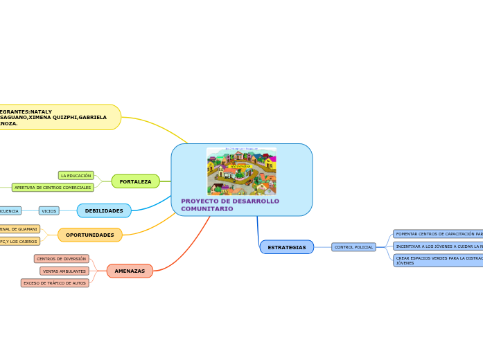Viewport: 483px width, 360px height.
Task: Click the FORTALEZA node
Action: pos(135,181)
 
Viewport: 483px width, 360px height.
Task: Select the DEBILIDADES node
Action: pos(104,210)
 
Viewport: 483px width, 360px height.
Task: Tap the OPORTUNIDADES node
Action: pos(90,235)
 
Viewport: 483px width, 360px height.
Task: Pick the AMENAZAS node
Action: pos(130,271)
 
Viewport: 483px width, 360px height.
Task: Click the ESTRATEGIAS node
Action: pos(286,247)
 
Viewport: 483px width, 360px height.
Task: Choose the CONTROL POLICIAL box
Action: pos(353,247)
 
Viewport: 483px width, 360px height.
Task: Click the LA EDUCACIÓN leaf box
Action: pos(76,176)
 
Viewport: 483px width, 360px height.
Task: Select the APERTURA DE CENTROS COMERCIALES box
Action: pos(53,188)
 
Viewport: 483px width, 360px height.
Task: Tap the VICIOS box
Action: pos(49,210)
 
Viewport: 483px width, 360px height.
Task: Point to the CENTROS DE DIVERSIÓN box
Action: pos(62,259)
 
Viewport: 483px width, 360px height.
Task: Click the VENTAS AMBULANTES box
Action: pos(64,271)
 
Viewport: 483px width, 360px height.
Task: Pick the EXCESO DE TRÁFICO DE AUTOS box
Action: pos(55,283)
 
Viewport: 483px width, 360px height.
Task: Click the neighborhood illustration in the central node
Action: pos(241,171)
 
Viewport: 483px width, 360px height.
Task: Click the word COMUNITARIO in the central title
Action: pos(207,208)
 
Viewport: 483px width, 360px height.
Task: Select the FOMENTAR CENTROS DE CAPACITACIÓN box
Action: pos(438,234)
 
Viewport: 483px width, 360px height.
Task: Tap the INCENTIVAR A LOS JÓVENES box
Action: pos(438,246)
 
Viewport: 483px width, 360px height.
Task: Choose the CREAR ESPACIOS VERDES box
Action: pos(438,260)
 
